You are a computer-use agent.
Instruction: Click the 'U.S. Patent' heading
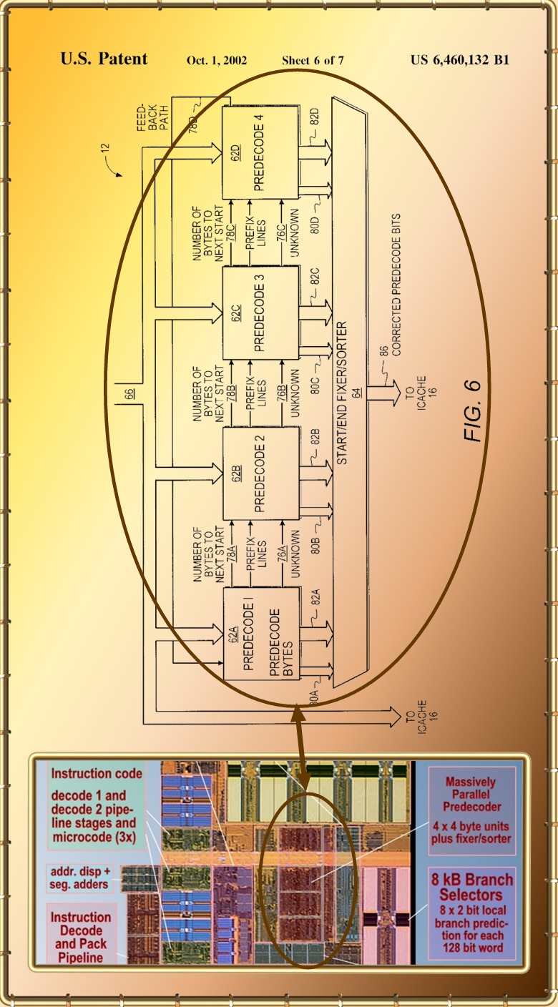(104, 59)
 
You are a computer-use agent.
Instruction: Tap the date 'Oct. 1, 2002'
(216, 60)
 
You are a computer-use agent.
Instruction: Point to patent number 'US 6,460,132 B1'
(460, 60)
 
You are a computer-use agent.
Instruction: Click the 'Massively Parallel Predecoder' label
(470, 794)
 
